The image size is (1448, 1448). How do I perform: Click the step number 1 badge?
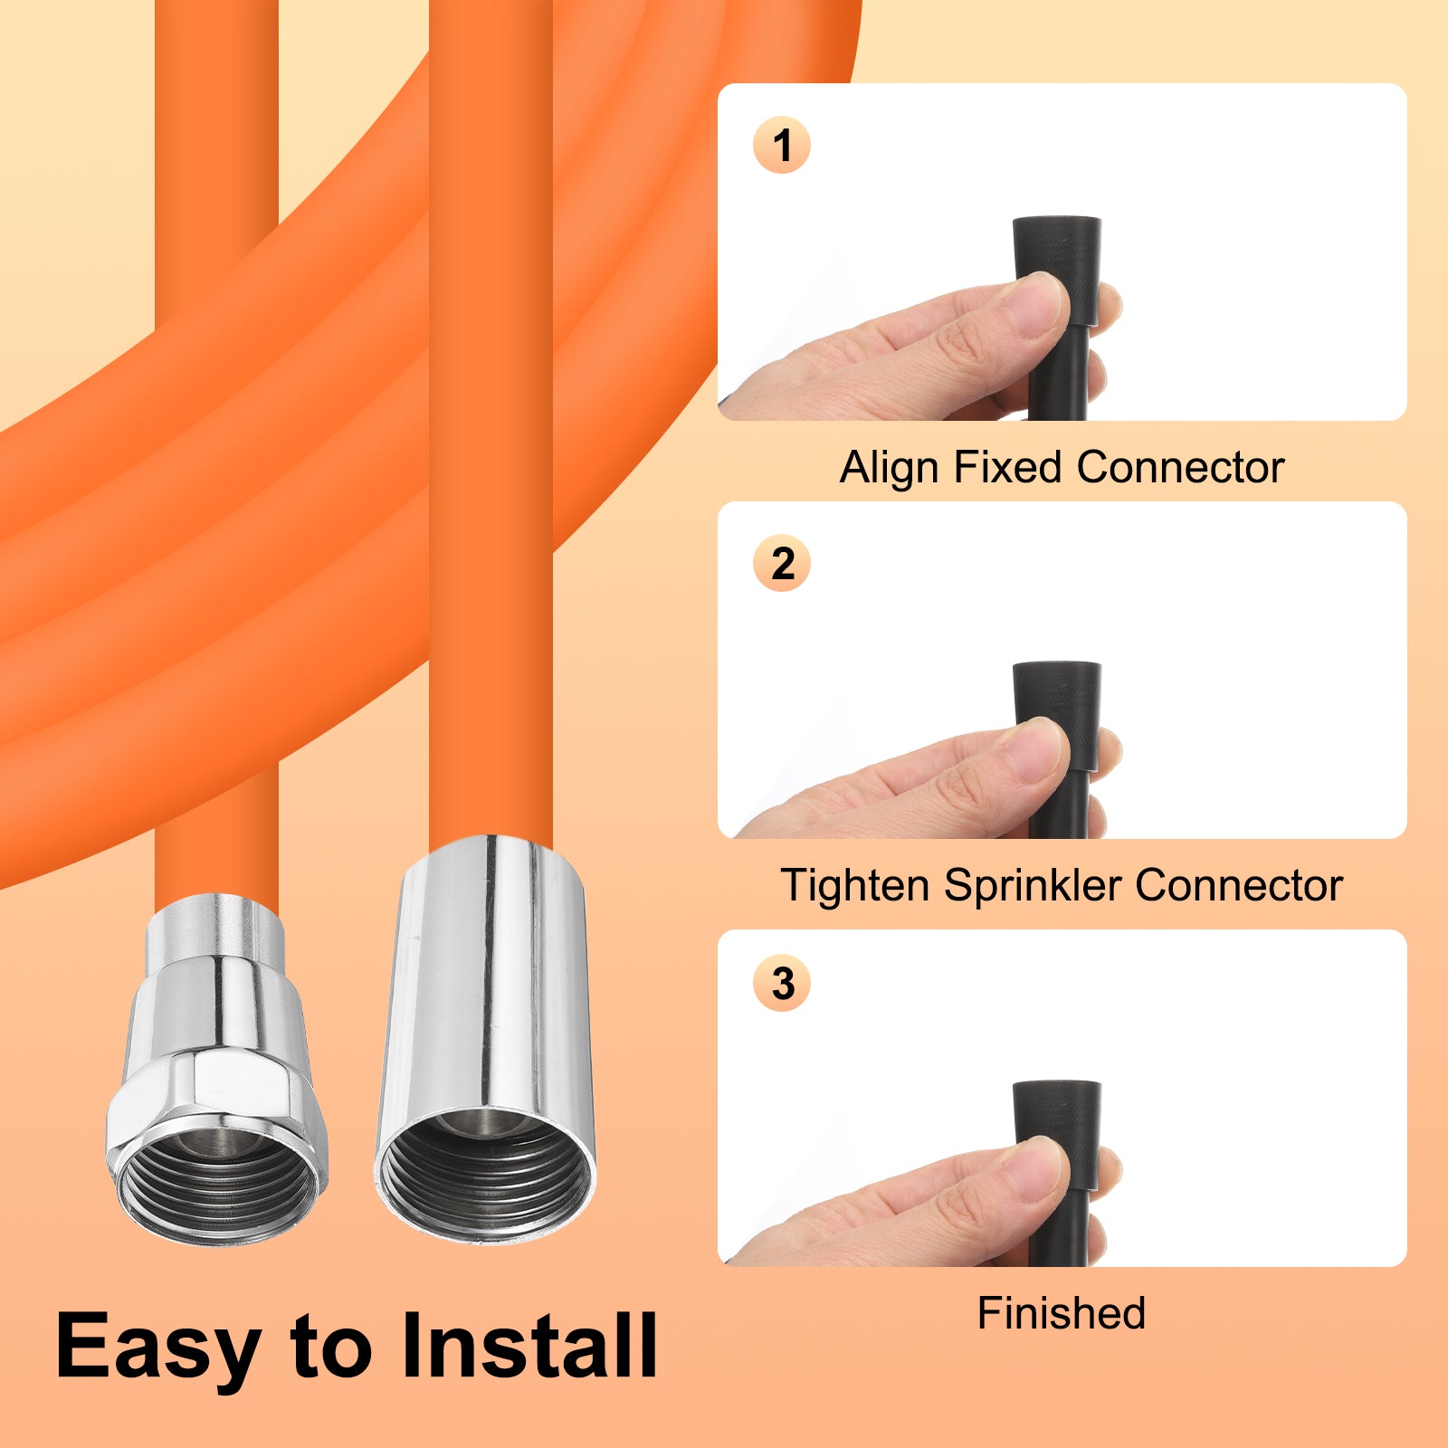782,145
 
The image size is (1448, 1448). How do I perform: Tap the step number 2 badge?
782,563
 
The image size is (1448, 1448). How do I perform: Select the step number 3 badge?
782,983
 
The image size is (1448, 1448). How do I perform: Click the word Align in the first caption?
890,469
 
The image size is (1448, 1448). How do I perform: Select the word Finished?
1062,1313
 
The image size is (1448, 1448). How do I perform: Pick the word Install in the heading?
529,1346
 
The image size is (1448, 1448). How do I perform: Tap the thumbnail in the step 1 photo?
1037,305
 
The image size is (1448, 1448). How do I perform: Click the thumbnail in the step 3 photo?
1037,1168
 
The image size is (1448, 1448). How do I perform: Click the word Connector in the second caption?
1239,885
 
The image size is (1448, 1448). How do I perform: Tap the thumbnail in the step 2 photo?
1037,750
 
